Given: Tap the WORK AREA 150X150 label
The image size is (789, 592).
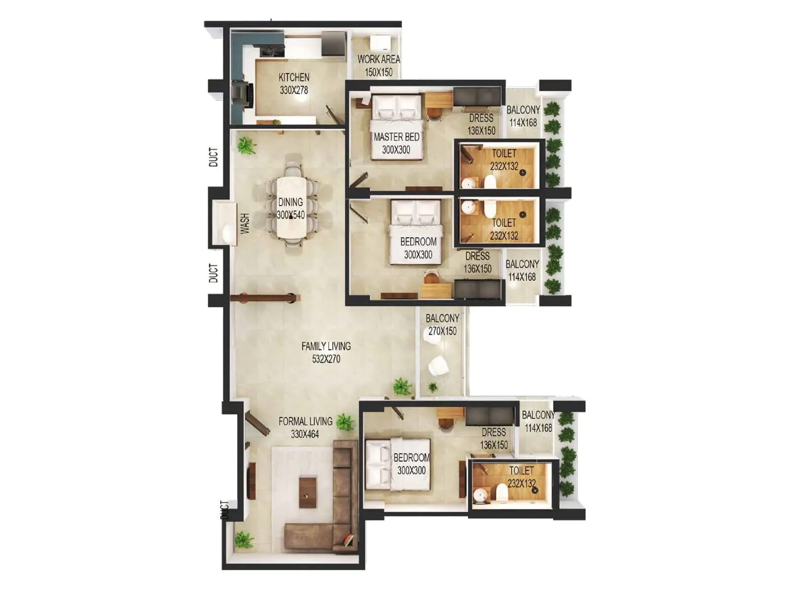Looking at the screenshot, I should [379, 66].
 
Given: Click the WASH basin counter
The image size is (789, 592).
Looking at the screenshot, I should [225, 223].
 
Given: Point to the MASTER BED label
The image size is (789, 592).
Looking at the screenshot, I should [396, 143].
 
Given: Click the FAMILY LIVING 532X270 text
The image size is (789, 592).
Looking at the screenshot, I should [326, 353].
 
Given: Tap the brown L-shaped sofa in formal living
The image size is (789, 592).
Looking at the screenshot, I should [343, 498].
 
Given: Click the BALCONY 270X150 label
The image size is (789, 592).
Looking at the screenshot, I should [442, 325].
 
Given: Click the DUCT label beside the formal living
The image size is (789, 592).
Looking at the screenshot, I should [225, 510].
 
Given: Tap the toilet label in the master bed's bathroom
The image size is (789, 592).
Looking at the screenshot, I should [504, 160].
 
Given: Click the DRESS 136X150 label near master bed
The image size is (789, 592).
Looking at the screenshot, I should [481, 124].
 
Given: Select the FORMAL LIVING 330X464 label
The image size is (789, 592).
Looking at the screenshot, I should [305, 428].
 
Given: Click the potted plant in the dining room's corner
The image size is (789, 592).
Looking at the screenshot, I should [246, 146].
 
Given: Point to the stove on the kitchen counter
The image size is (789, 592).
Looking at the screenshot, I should [242, 93].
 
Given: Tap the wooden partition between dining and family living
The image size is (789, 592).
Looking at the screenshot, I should [265, 298].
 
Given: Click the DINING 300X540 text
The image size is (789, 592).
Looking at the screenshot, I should [290, 208].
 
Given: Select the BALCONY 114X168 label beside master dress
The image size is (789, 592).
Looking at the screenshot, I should [523, 116].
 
